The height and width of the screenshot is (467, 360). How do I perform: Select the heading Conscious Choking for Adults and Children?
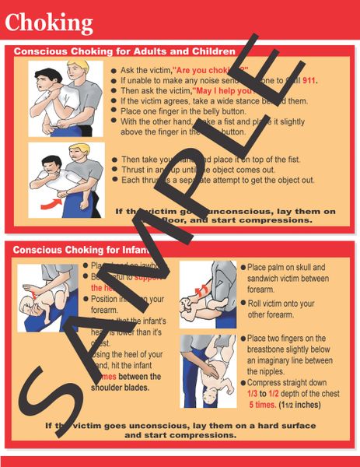(x=124, y=51)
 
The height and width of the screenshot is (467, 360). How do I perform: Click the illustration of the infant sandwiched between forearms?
(x=207, y=293)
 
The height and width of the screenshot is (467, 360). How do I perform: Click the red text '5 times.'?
(x=267, y=405)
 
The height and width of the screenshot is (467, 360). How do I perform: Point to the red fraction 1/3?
(x=255, y=395)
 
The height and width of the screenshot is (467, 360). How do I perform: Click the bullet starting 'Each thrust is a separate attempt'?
(x=217, y=180)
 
